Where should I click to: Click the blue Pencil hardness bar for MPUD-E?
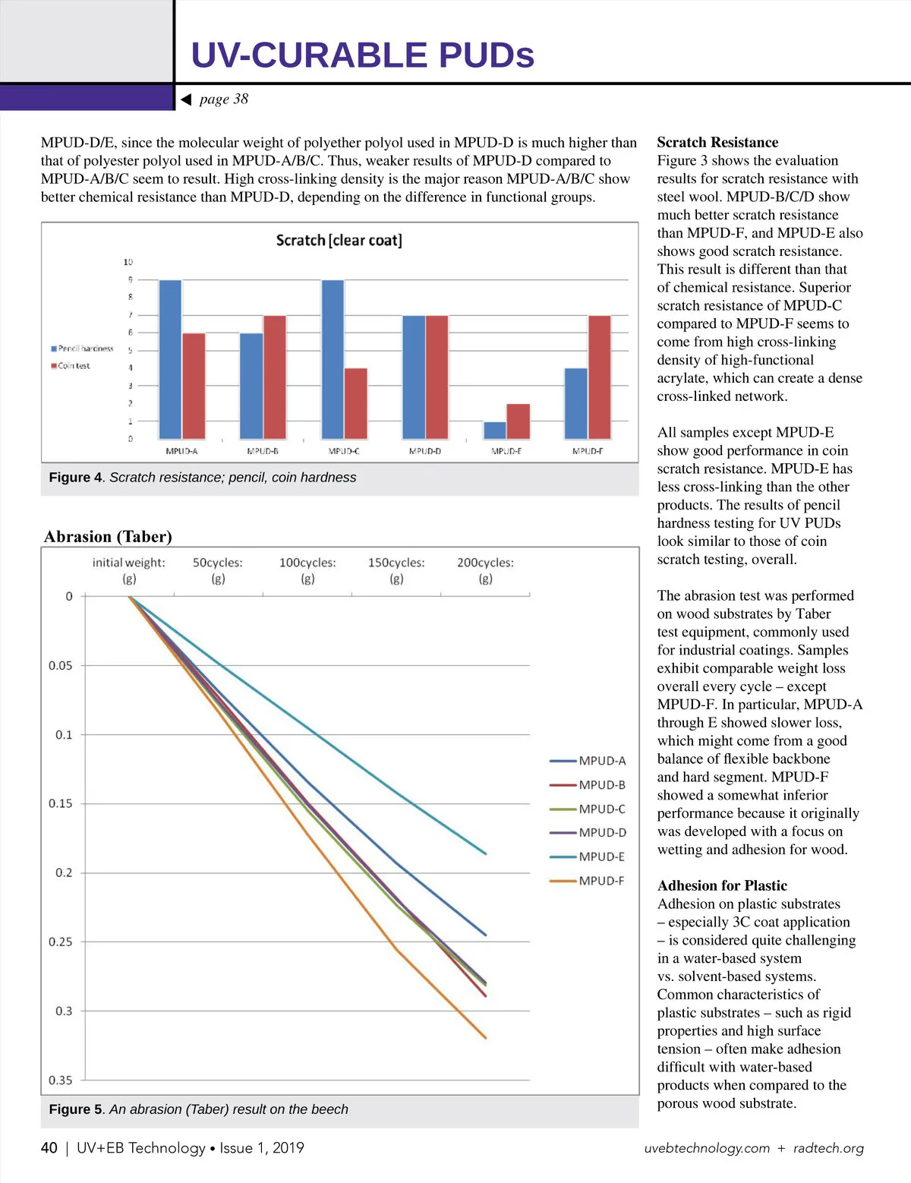tap(495, 431)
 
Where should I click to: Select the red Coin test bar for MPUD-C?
tap(356, 403)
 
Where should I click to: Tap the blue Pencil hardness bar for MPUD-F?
tap(576, 403)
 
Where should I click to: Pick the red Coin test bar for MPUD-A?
tap(194, 386)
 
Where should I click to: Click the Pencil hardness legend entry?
tap(82, 349)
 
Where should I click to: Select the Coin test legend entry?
tap(71, 366)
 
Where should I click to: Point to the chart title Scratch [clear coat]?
tap(339, 241)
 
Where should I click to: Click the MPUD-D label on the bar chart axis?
tap(425, 451)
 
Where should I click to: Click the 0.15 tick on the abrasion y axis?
tap(61, 803)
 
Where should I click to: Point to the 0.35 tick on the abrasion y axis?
tap(61, 1080)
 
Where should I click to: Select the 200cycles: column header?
tap(485, 563)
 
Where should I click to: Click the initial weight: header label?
tap(128, 563)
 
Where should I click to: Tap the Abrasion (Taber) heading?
tap(108, 537)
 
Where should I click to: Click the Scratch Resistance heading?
tap(717, 143)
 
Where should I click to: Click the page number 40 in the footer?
tap(49, 1148)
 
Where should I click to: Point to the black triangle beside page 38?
tap(185, 99)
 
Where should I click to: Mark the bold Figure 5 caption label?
tap(75, 1109)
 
